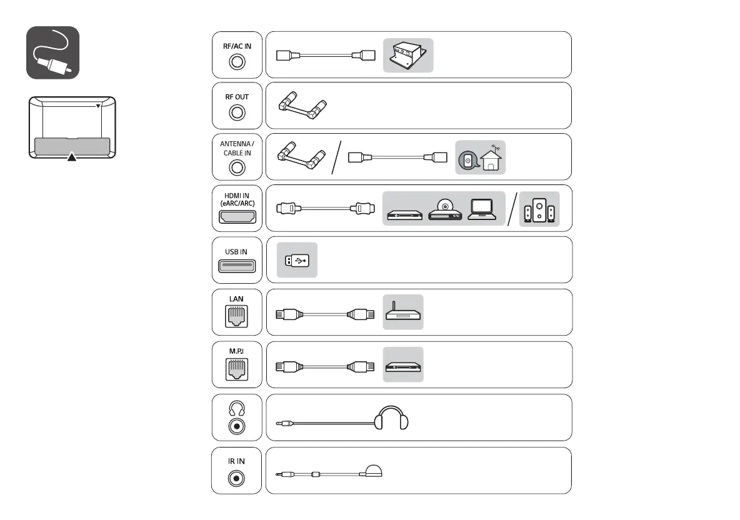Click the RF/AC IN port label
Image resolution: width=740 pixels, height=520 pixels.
click(236, 45)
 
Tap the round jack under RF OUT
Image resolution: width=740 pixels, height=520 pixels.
click(236, 113)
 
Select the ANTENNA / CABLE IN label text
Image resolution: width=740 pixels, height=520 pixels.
click(236, 147)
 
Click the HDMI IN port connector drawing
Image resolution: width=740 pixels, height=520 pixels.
click(236, 217)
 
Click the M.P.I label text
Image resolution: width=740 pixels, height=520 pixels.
click(236, 351)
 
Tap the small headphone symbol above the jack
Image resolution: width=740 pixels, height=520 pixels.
click(236, 408)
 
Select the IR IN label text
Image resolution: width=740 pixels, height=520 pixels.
click(236, 461)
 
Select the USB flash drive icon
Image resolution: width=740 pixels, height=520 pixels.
click(297, 259)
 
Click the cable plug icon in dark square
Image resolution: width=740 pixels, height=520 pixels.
click(52, 52)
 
